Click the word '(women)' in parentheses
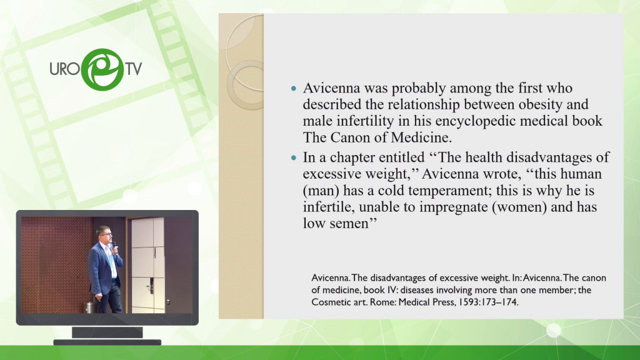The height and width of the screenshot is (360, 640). (519, 207)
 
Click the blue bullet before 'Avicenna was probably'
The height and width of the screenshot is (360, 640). (294, 88)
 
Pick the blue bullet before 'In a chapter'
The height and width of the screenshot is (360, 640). (294, 157)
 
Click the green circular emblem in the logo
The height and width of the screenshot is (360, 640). (102, 69)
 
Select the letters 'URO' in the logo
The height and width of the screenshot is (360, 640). (64, 69)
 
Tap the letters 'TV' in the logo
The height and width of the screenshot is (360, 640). (134, 69)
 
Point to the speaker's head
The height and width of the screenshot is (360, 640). (103, 234)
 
